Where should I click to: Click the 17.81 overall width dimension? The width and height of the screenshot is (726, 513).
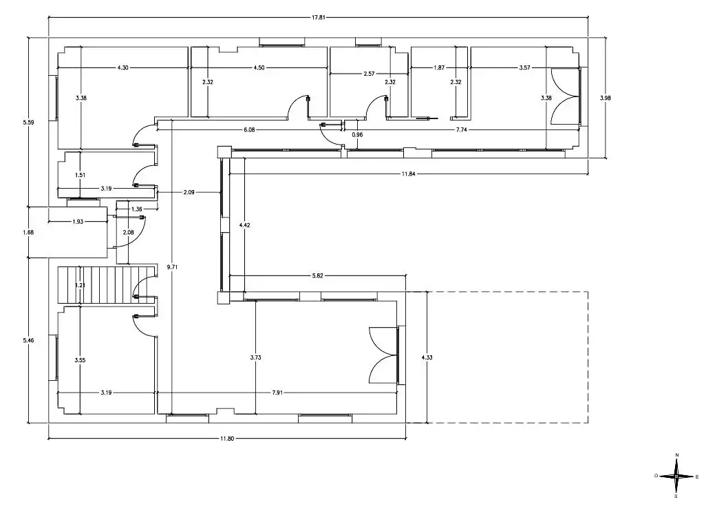[318, 18]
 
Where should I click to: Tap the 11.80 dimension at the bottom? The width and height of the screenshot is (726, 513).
[227, 439]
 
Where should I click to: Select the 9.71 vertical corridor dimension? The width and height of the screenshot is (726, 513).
[172, 267]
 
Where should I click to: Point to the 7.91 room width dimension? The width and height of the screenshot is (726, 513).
[277, 392]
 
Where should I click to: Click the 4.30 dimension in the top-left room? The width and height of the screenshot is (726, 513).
[122, 67]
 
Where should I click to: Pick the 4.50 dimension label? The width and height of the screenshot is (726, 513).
[259, 67]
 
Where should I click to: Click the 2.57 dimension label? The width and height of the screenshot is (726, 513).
[369, 74]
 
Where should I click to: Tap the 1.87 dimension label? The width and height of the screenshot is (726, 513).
[439, 67]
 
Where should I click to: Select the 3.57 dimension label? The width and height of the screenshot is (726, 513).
[524, 67]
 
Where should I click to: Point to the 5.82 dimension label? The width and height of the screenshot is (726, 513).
[317, 275]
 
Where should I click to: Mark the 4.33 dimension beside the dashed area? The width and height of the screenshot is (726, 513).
[427, 357]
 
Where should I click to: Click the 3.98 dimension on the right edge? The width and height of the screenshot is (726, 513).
[605, 98]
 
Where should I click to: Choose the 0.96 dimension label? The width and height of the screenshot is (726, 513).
[357, 135]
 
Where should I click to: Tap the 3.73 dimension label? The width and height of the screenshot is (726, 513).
[255, 357]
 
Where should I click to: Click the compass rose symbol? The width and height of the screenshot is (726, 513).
[676, 476]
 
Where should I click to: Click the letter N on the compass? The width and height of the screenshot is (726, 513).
[677, 455]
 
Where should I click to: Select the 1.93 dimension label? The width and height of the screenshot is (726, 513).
[78, 222]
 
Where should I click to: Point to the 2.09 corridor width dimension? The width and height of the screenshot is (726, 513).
[189, 192]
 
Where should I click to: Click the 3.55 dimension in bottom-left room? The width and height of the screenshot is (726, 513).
[80, 360]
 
